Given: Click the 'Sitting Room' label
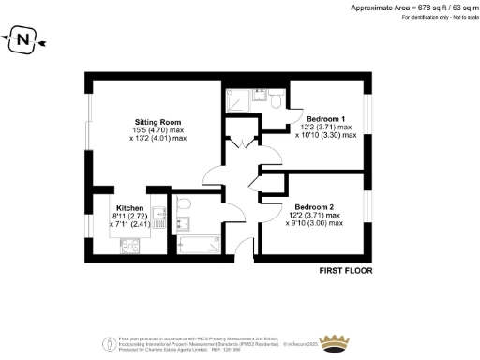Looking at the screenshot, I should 157,122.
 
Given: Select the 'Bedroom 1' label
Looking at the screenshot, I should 325,120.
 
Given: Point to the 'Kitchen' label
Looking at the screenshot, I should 128,208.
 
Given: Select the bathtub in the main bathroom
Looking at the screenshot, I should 194,245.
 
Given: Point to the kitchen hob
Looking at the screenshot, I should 128,245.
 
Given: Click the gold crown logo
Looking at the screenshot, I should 335,341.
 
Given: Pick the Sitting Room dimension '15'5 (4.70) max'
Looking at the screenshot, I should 158,130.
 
